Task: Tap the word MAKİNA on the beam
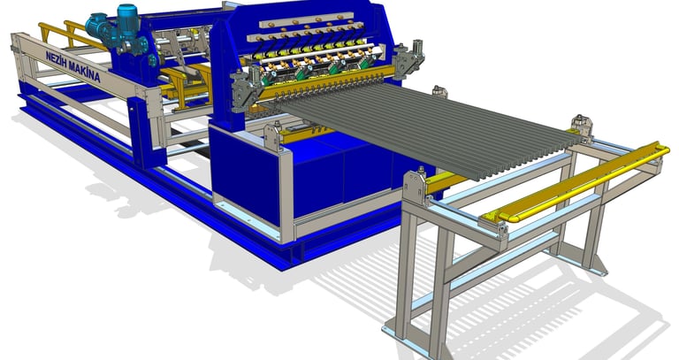(x=85, y=73)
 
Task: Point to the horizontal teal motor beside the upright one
(x=100, y=27)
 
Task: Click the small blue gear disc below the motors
(x=153, y=60)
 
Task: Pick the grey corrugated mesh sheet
(x=424, y=126)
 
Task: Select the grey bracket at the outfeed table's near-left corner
(x=415, y=187)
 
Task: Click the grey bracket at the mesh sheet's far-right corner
(x=582, y=126)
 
